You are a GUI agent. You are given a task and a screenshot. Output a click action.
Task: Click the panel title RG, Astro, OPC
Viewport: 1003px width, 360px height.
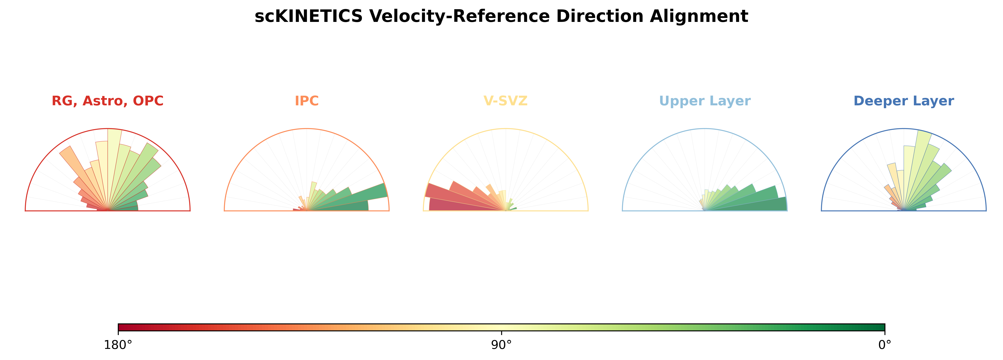(108, 101)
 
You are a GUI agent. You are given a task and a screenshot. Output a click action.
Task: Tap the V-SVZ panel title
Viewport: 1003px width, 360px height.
(505, 101)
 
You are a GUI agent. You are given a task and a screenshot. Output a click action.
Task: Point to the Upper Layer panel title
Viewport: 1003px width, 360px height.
(705, 101)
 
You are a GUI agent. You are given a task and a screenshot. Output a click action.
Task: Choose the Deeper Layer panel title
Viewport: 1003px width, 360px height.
(904, 101)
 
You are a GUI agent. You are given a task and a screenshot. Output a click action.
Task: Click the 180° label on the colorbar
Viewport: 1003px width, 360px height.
(118, 345)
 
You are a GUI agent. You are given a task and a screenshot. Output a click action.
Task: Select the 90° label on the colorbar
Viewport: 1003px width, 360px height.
(502, 345)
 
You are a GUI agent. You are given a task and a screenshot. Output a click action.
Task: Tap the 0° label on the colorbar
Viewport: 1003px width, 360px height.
(885, 345)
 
